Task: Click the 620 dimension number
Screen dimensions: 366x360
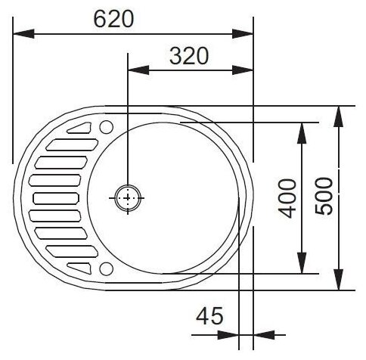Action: click(113, 19)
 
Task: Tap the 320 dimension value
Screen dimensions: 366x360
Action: click(189, 56)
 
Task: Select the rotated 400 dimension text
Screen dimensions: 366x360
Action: click(288, 198)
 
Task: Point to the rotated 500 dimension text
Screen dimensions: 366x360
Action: click(324, 197)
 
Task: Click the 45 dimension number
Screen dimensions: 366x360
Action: click(209, 316)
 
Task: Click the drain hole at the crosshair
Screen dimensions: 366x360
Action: click(128, 198)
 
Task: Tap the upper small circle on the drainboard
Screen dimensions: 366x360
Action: click(106, 127)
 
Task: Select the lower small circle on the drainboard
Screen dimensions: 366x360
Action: click(106, 268)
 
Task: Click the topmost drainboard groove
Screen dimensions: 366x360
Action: click(79, 128)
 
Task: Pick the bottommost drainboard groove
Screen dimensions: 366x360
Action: click(79, 268)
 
